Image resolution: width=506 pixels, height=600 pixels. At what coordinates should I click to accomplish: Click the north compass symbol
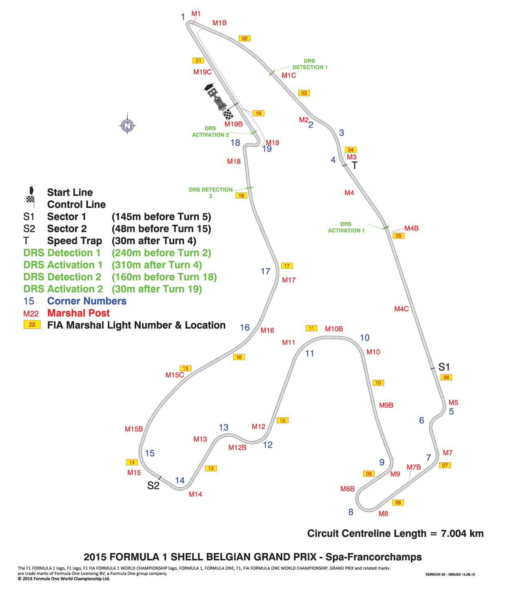127,125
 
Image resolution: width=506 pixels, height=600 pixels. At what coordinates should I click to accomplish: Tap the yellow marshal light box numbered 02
244,38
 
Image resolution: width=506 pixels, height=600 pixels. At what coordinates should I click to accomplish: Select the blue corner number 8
351,512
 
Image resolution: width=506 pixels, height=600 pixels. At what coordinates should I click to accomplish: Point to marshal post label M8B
347,489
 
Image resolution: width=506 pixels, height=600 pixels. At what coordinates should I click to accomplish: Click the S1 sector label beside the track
444,367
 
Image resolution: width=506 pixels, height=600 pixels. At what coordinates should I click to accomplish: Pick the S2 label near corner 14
153,486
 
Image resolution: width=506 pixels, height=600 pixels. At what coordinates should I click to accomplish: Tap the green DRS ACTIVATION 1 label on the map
346,228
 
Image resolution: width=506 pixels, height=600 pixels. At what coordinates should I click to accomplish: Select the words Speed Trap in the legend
74,241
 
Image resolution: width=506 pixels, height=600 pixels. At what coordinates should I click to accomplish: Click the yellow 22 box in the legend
32,324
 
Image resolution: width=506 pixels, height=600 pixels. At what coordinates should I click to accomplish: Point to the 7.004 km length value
462,533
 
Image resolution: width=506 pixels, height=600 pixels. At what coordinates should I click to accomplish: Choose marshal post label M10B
334,329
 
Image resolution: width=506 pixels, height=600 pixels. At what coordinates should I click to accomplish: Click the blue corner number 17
265,271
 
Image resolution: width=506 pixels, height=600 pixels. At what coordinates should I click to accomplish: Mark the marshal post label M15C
175,375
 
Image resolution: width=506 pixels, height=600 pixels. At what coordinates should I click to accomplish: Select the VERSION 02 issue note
450,574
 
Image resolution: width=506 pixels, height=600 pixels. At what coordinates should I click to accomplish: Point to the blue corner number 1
183,17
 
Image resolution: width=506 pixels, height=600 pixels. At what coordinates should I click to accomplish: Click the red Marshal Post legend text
78,313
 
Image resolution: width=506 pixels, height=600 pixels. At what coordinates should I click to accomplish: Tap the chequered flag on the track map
228,115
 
